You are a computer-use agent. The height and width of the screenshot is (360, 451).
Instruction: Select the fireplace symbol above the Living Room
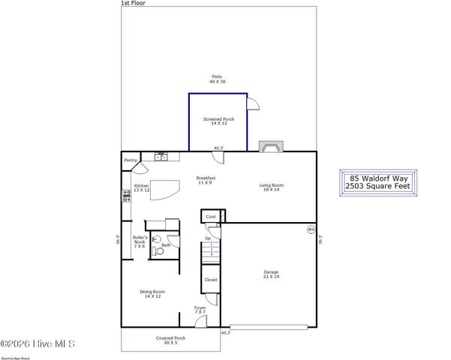tap(269, 147)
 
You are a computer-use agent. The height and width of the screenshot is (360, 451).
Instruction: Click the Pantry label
tap(131, 160)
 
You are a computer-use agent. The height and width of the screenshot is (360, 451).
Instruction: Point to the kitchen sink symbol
tap(161, 156)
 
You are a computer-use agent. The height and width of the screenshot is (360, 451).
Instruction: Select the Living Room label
tap(272, 187)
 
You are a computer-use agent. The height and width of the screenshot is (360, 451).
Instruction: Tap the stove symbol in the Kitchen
tap(126, 196)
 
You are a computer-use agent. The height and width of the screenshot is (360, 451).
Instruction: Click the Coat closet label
tap(211, 216)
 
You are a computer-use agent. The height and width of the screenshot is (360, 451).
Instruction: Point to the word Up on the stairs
tap(209, 239)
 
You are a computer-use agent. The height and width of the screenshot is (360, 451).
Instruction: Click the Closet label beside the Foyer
tap(211, 280)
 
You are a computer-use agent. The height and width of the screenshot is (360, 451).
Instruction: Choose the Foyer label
tap(200, 310)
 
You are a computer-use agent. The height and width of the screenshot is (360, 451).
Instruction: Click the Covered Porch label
tap(170, 340)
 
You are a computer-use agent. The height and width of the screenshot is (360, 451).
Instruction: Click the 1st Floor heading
tap(132, 4)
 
